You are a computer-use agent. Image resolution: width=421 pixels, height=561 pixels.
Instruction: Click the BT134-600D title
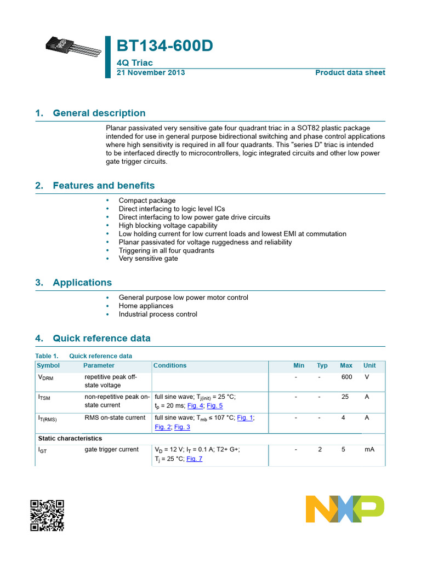(164, 47)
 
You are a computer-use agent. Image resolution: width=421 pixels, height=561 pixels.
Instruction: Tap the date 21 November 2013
(151, 73)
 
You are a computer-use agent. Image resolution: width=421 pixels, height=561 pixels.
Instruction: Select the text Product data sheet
(350, 73)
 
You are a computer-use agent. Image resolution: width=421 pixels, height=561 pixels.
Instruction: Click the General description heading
(99, 113)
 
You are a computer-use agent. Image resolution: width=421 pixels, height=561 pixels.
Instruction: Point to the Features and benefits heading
(104, 186)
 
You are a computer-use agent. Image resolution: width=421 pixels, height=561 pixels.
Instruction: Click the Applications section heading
(82, 283)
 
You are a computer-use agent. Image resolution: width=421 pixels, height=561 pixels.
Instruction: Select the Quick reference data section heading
(101, 339)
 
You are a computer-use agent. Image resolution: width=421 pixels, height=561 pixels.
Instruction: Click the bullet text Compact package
(147, 201)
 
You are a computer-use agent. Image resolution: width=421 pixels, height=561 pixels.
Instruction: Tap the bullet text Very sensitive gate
(148, 259)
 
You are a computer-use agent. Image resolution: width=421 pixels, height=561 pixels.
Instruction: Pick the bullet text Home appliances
(146, 306)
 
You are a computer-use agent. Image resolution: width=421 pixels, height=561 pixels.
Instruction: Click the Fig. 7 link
(194, 459)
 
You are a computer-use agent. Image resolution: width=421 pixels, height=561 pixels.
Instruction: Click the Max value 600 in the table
(346, 377)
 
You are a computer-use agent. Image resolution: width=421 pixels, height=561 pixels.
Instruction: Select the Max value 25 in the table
(345, 397)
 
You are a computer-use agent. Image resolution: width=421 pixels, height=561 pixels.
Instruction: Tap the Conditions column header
(170, 365)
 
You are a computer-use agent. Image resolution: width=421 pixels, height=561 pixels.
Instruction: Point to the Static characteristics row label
(70, 438)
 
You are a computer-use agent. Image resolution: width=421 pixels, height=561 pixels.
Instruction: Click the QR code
(47, 516)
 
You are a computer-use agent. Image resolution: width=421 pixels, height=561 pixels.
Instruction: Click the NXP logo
(345, 509)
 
